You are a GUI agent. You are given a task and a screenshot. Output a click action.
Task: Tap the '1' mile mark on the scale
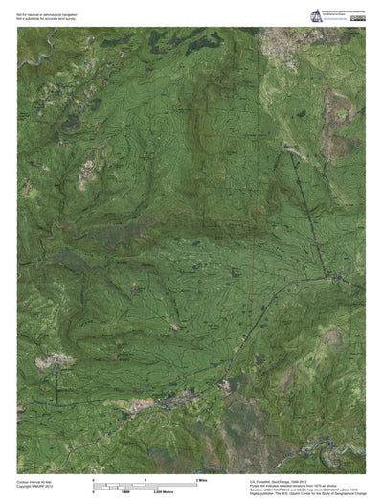coord(146,477)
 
